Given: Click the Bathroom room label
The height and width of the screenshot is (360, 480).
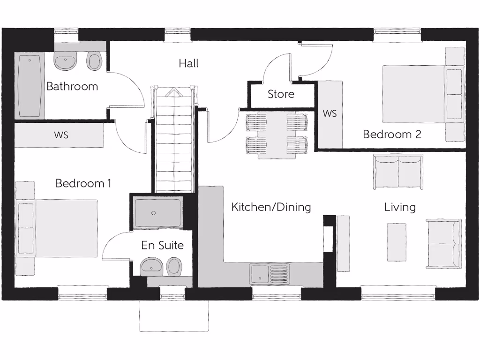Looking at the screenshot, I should click(72, 86).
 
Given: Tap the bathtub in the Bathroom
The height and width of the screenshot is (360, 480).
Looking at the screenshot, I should click(30, 86).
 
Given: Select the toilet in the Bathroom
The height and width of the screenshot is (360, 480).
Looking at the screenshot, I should click(95, 61).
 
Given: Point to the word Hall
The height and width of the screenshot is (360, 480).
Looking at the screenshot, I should click(188, 63).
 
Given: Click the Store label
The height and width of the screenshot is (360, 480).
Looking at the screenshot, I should click(281, 94).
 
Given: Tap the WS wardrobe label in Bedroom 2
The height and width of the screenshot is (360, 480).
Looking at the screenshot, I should click(330, 114).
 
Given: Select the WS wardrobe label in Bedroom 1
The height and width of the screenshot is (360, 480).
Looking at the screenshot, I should click(61, 135).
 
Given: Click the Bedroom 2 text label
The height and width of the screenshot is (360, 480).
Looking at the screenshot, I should click(392, 135).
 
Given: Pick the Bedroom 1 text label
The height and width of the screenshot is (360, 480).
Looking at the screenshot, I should click(83, 183).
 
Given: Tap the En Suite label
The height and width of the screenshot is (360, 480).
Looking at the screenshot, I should click(162, 245).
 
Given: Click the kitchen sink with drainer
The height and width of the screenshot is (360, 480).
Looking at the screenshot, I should click(270, 274).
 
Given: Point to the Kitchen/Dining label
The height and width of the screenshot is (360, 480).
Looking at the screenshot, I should click(271, 207).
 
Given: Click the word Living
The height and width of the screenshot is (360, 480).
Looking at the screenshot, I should click(400, 207).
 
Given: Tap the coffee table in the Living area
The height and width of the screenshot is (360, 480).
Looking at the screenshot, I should click(397, 242).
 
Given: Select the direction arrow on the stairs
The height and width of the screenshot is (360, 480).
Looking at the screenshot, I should click(173, 93).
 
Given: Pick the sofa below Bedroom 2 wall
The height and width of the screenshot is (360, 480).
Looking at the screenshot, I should click(398, 172).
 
